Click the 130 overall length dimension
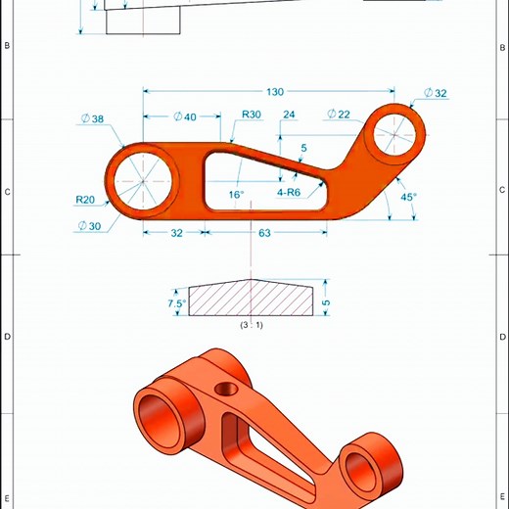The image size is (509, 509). coord(274,91)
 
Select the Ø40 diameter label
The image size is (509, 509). coord(184,116)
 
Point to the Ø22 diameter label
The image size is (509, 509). coord(338,115)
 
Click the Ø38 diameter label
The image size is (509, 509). coord(91,119)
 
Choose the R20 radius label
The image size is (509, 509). coord(86,199)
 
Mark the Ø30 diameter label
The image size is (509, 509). coord(90,224)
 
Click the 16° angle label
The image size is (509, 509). coord(236,195)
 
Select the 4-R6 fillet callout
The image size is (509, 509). coord(292,193)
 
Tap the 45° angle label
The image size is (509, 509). coord(409,197)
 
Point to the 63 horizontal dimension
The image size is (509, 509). coord(264,234)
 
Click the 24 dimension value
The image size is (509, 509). coord(289,116)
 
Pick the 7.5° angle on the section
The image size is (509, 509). coord(177,303)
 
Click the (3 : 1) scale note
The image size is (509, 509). coord(252,324)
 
